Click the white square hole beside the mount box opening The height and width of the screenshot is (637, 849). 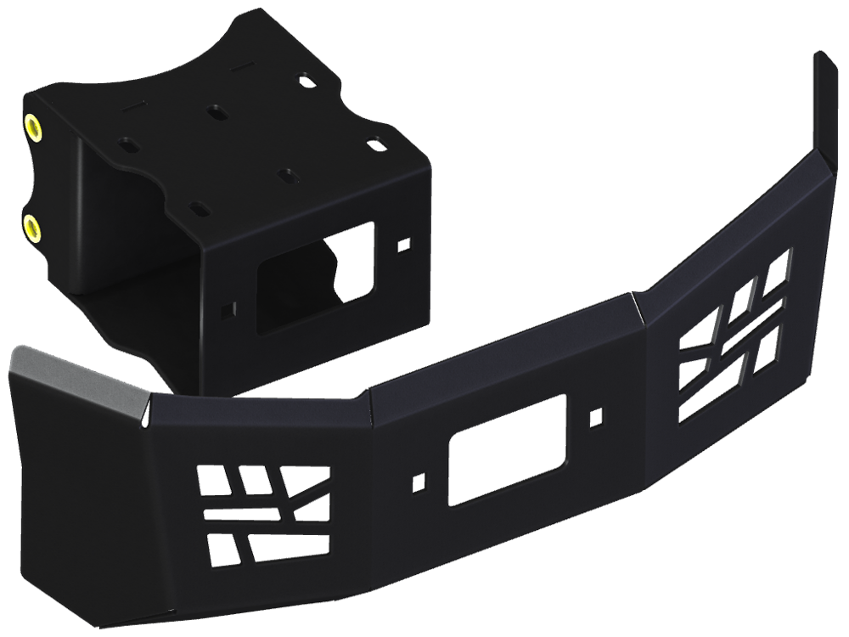coord(404,243)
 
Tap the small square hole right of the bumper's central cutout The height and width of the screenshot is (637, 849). coord(596,416)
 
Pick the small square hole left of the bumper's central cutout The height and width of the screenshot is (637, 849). coord(418,482)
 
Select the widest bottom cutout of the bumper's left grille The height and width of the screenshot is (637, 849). coord(287,548)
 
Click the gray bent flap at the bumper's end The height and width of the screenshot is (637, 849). coord(76,382)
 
